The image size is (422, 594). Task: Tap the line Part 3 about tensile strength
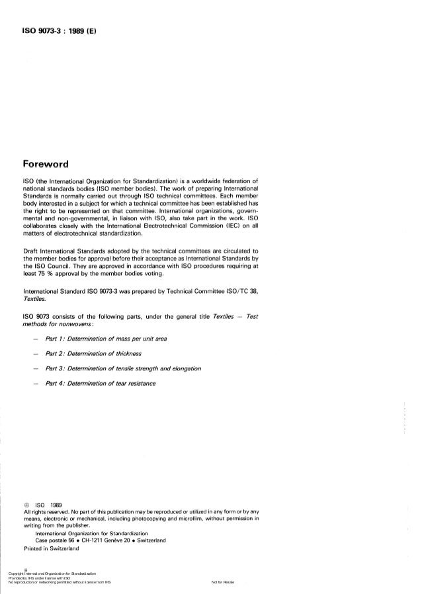(120, 368)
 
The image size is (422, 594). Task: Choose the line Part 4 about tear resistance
(100, 384)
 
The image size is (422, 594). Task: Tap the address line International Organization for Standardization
(92, 532)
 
